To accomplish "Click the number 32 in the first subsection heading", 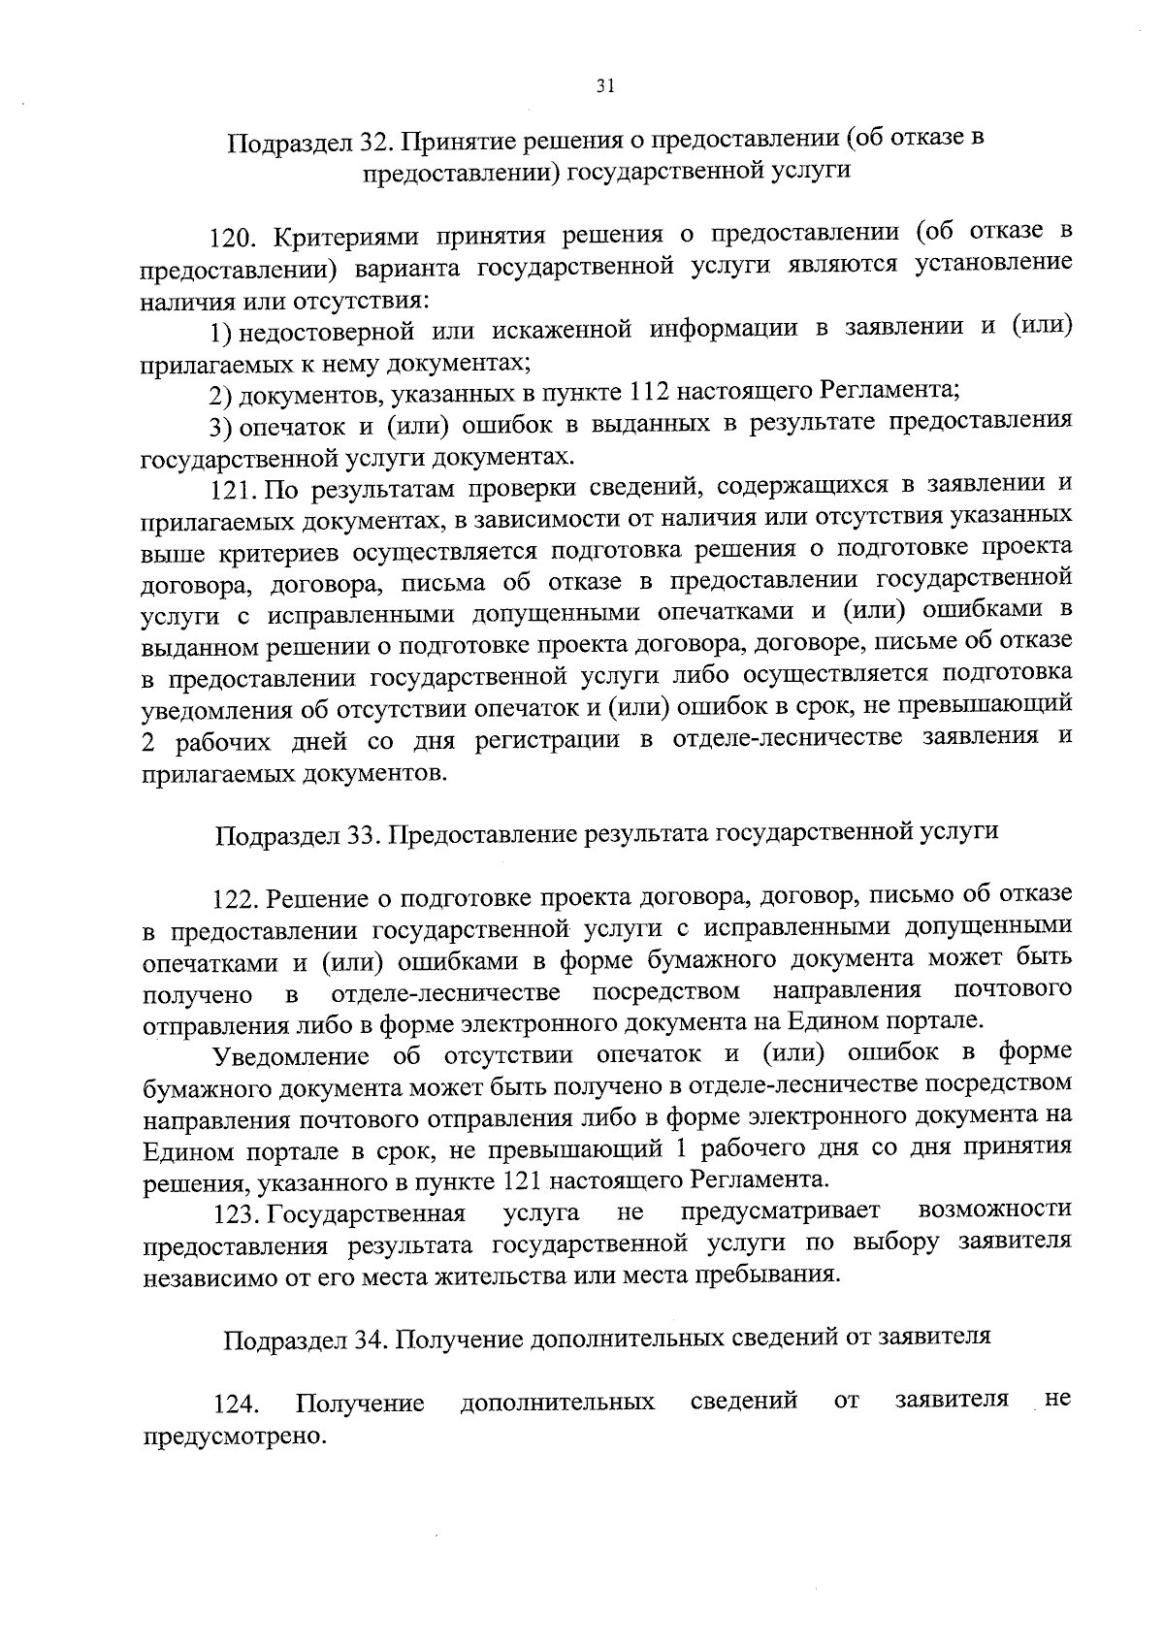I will coord(373,142).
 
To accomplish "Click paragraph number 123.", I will coord(233,1213).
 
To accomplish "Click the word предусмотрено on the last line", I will coord(231,1435).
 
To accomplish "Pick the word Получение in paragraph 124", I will coord(361,1404).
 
